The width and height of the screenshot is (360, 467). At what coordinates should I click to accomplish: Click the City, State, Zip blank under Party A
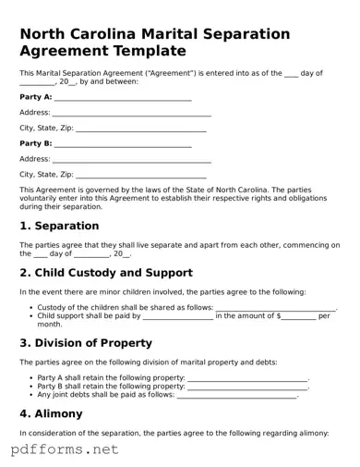[141, 129]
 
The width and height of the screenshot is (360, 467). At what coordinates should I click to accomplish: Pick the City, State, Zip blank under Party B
[141, 175]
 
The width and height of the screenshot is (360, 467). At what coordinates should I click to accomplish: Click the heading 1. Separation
[59, 226]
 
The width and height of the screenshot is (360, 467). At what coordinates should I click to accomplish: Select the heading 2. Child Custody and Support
[106, 273]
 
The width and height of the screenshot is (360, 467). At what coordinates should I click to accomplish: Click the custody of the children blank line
[275, 309]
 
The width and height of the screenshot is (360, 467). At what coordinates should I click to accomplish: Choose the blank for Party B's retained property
[246, 387]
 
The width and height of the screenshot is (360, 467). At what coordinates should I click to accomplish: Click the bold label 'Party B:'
[35, 143]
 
